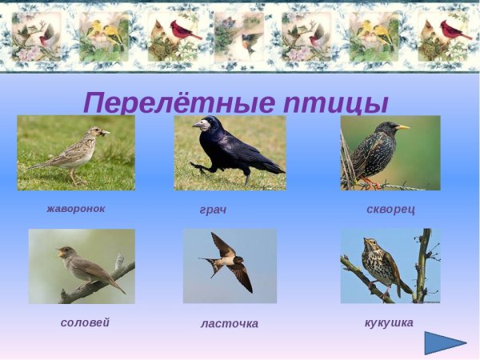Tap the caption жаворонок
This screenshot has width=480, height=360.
point(76,209)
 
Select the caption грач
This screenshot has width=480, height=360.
point(213,210)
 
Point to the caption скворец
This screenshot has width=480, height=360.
point(390,210)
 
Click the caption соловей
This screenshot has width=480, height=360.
point(85,322)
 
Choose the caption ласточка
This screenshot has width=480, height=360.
point(230,323)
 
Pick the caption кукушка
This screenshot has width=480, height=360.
point(389,322)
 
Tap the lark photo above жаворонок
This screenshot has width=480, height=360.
point(76,152)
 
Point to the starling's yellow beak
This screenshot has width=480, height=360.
point(403,126)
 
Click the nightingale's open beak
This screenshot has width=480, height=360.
point(60,252)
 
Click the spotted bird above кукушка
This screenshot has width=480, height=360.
point(382,266)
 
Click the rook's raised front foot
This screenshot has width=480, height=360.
point(196,166)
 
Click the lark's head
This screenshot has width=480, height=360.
point(97,132)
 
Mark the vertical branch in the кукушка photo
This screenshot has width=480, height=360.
point(422,264)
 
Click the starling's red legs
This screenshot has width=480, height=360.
point(370,182)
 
